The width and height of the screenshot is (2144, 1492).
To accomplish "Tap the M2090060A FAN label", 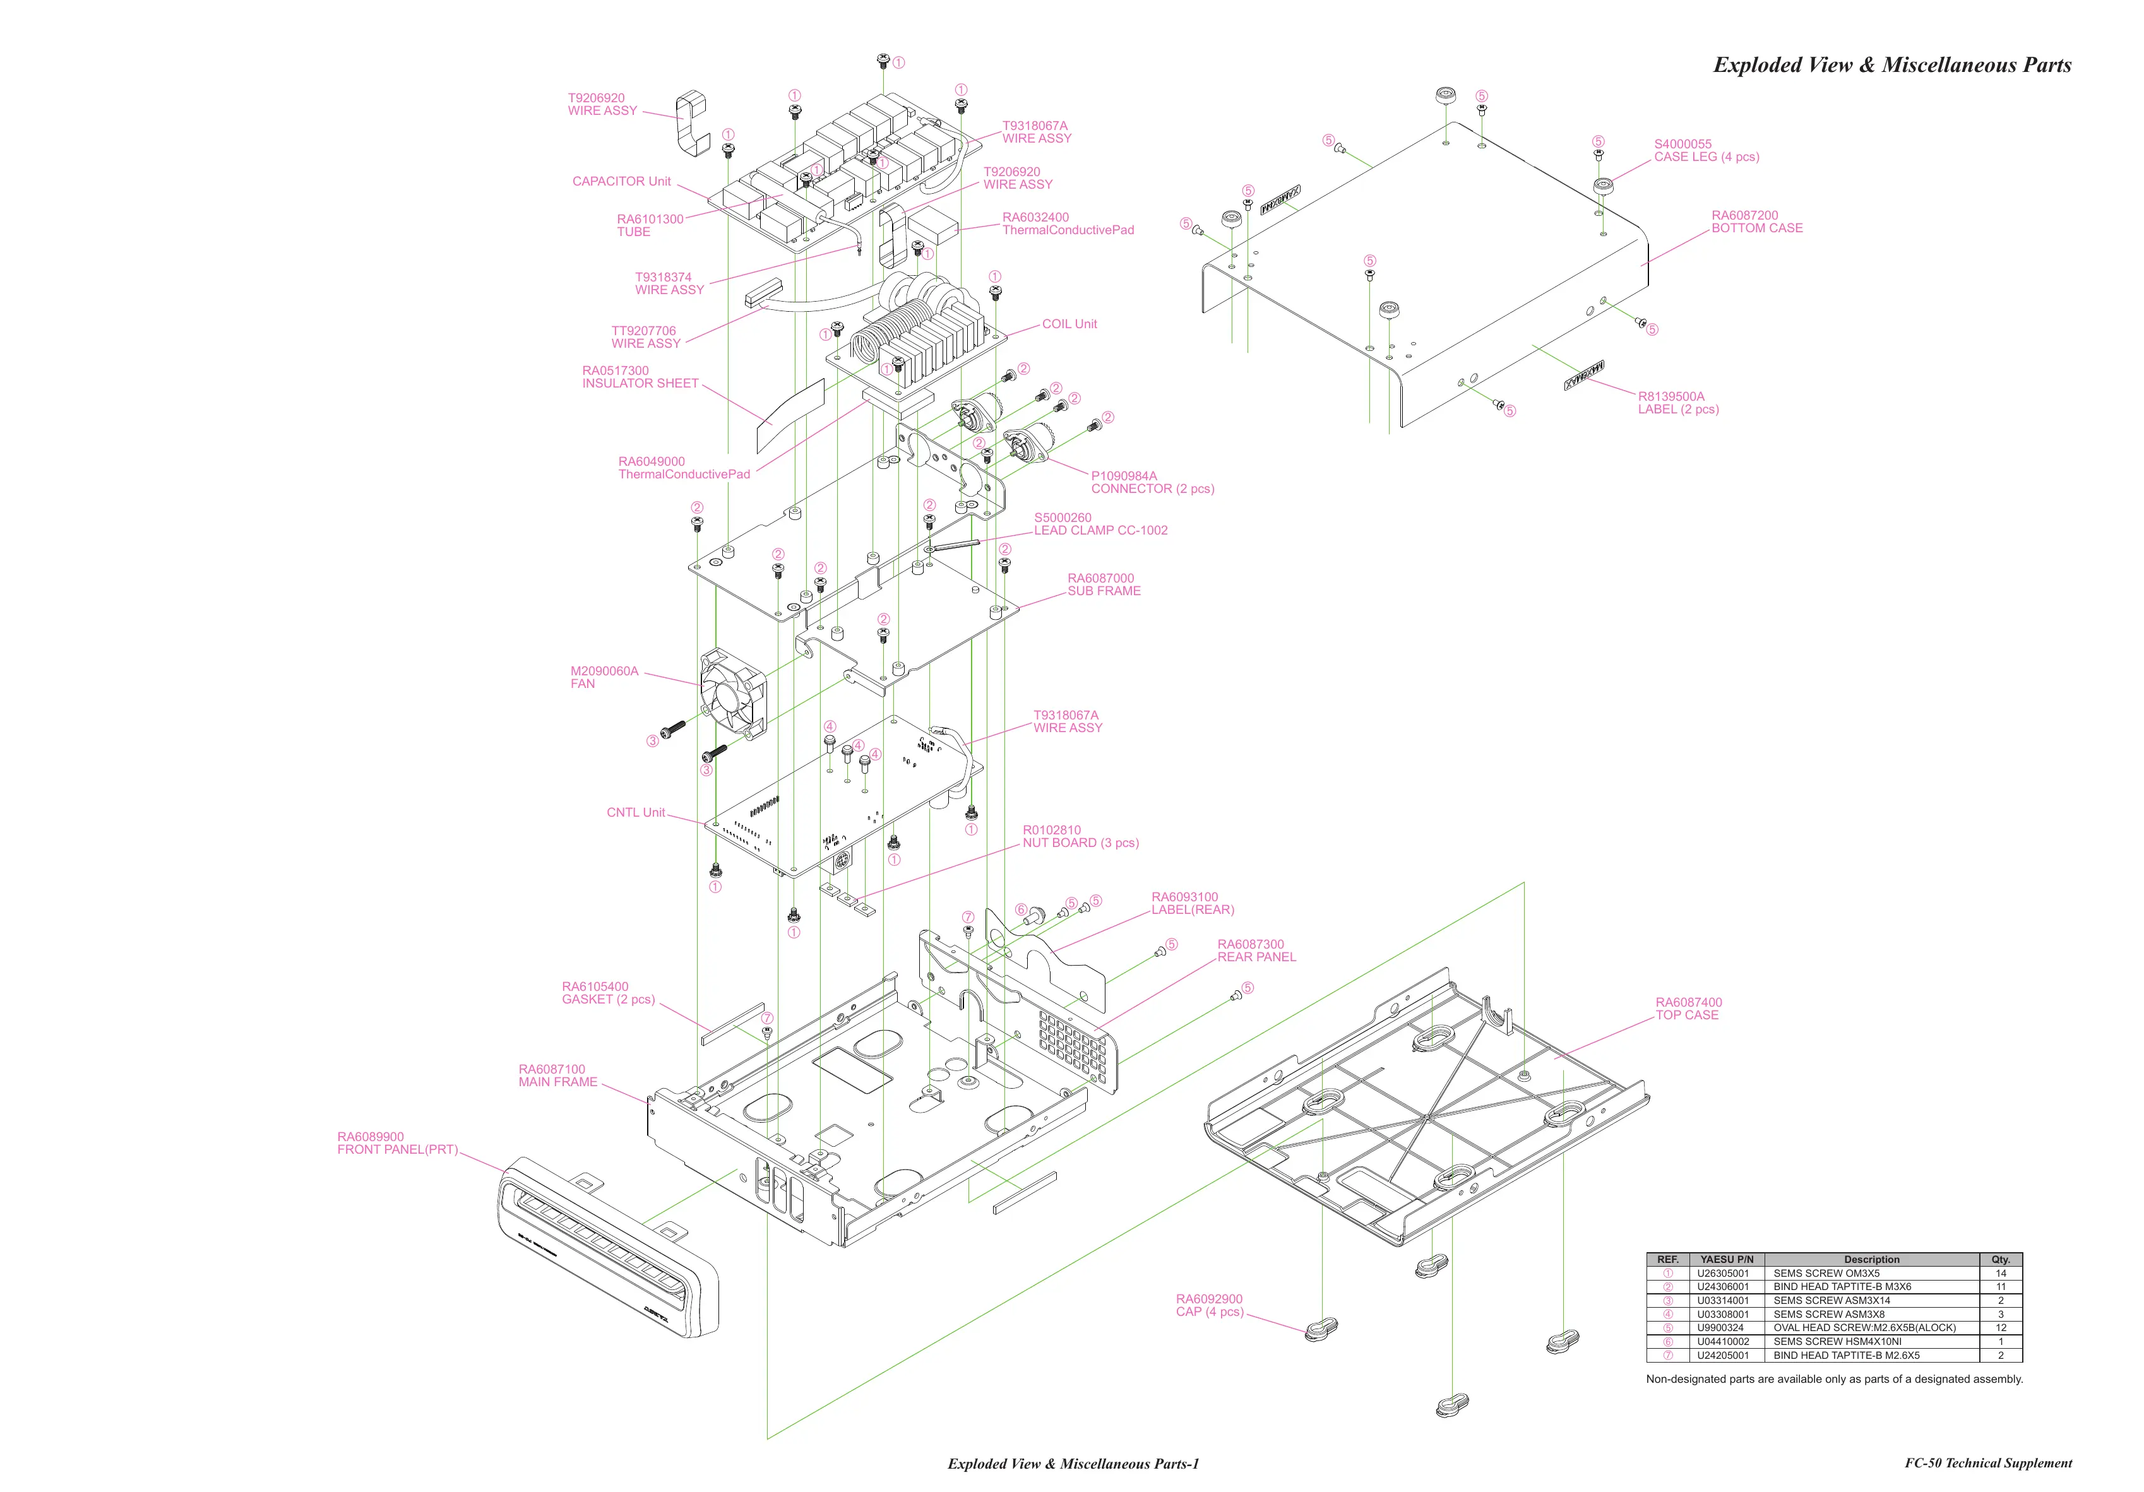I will (x=604, y=677).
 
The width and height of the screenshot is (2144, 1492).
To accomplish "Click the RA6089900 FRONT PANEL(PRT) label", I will (x=397, y=1143).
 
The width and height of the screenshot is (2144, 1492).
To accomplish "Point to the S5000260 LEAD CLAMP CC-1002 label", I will (x=1100, y=524).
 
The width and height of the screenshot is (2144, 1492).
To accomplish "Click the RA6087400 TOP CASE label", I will (x=1688, y=1009).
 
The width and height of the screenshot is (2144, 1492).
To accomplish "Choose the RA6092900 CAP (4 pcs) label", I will (x=1208, y=1305).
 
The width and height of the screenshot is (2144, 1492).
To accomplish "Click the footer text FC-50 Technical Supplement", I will (x=1988, y=1463).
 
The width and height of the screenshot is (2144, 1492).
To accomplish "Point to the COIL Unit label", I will (x=1069, y=324).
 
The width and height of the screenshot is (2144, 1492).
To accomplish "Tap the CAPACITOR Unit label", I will (x=621, y=181).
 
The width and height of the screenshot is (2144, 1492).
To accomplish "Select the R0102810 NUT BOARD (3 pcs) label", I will (x=1080, y=836).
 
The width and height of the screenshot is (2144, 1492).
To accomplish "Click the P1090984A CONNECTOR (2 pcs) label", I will (x=1152, y=482).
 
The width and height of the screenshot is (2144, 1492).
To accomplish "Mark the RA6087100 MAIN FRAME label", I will (x=557, y=1075).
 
